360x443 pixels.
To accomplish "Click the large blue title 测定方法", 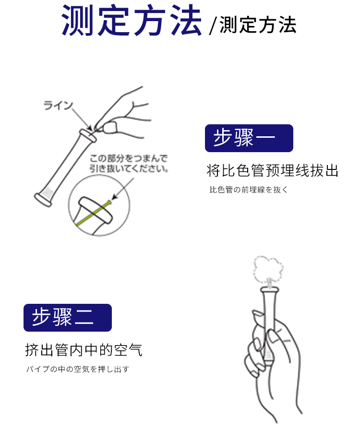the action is [132, 20].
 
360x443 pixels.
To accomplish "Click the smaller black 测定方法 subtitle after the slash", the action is [258, 25].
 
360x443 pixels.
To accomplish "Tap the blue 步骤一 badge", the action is [249, 138].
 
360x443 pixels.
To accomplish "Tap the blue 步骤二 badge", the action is [68, 318].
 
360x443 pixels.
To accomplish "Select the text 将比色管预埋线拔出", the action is [273, 171].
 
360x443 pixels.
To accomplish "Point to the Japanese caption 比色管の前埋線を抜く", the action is [248, 190].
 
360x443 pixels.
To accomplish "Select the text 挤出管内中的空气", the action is [84, 350].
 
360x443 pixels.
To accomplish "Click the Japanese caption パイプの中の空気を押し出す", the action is [78, 369].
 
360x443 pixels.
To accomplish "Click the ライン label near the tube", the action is [58, 106].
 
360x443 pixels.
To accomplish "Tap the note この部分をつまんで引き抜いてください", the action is [129, 163].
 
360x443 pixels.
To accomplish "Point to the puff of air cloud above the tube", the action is [268, 270].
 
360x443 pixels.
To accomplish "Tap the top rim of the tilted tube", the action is [87, 136].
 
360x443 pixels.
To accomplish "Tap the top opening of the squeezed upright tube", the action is [269, 289].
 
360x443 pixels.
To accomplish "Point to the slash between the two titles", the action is [213, 26].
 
